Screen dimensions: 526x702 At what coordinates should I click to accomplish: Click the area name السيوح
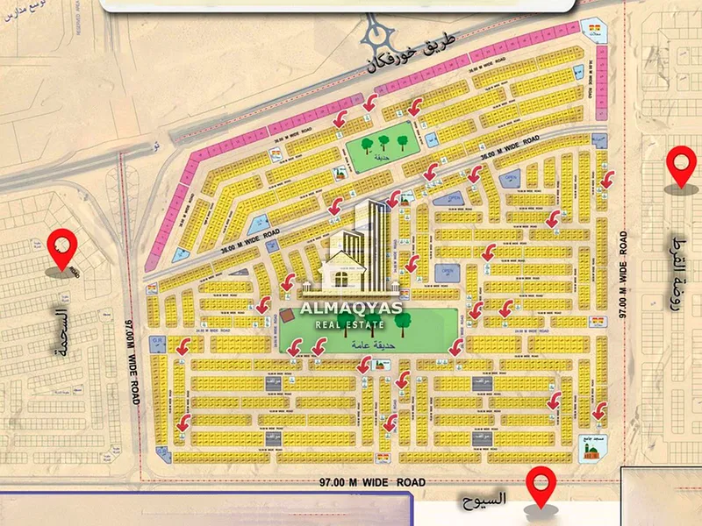click(x=484, y=500)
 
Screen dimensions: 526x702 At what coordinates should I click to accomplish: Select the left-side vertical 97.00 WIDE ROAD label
click(x=133, y=360)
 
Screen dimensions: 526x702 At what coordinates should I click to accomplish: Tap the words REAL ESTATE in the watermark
click(x=350, y=325)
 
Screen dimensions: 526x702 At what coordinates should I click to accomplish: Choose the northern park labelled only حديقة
click(x=379, y=146)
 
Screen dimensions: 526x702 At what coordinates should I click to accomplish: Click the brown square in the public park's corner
click(x=286, y=316)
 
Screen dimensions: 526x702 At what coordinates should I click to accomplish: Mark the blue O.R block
click(x=158, y=340)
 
